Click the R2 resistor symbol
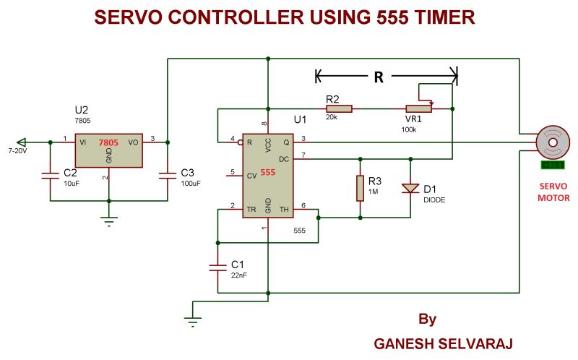339,108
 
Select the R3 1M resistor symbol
359,187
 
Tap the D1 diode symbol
410,189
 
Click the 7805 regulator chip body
108,150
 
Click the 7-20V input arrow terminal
22,141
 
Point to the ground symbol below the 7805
108,221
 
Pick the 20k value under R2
332,117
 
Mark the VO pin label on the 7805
133,142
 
